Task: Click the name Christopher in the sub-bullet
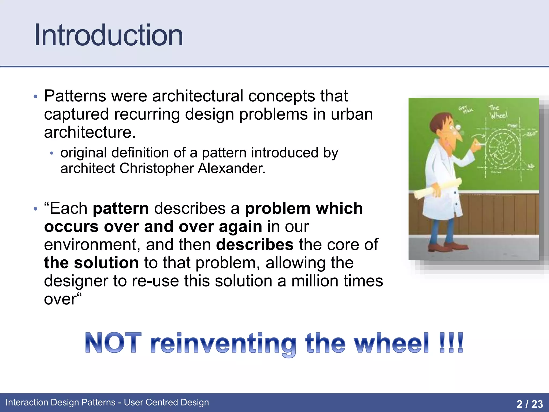tap(157, 169)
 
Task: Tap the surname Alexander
tap(232, 169)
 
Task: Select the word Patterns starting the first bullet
tap(75, 96)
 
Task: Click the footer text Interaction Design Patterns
tap(60, 402)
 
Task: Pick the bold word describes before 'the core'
tap(255, 245)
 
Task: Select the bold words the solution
tap(91, 263)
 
